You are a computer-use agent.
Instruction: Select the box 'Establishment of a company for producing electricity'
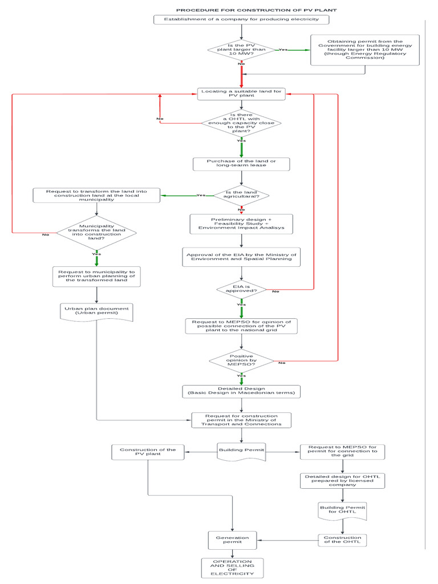pos(242,20)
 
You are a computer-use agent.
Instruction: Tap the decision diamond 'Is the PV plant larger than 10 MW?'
pos(242,50)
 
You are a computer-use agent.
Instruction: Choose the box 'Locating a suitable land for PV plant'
pos(242,94)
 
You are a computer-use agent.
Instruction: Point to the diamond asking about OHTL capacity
pos(242,123)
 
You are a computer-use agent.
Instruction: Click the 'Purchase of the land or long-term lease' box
pos(242,164)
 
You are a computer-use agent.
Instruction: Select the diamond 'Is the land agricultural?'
pos(241,196)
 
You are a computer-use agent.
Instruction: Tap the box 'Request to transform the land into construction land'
pos(96,196)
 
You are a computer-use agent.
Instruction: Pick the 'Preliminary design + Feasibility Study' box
pos(241,224)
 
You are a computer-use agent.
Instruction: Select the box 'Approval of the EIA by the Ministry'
pos(241,256)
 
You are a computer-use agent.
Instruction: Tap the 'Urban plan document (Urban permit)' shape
pos(96,312)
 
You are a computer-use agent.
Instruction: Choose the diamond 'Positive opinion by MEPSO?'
pos(241,360)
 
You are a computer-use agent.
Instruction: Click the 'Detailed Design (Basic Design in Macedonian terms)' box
pos(241,391)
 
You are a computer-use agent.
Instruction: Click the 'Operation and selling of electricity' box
pos(232,567)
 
